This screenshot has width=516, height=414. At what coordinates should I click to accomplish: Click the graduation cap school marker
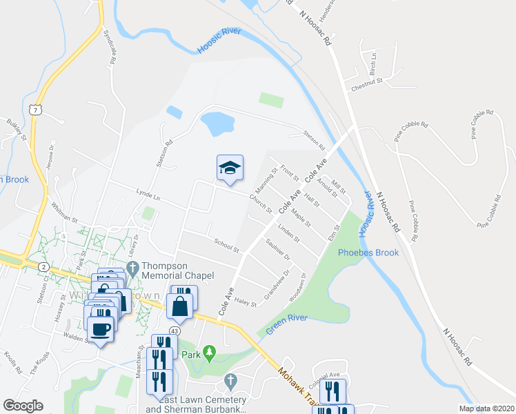(x=230, y=168)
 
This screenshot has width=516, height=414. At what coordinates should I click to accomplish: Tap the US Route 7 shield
(x=36, y=109)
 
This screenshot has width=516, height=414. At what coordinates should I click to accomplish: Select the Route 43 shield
(x=173, y=331)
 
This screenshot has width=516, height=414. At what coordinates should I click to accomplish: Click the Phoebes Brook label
(x=368, y=253)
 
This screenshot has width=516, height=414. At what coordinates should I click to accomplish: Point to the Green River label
(x=287, y=322)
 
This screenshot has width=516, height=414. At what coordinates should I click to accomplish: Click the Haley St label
(x=245, y=302)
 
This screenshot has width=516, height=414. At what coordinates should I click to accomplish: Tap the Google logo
(x=23, y=406)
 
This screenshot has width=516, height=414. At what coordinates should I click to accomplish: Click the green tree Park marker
(x=210, y=355)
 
